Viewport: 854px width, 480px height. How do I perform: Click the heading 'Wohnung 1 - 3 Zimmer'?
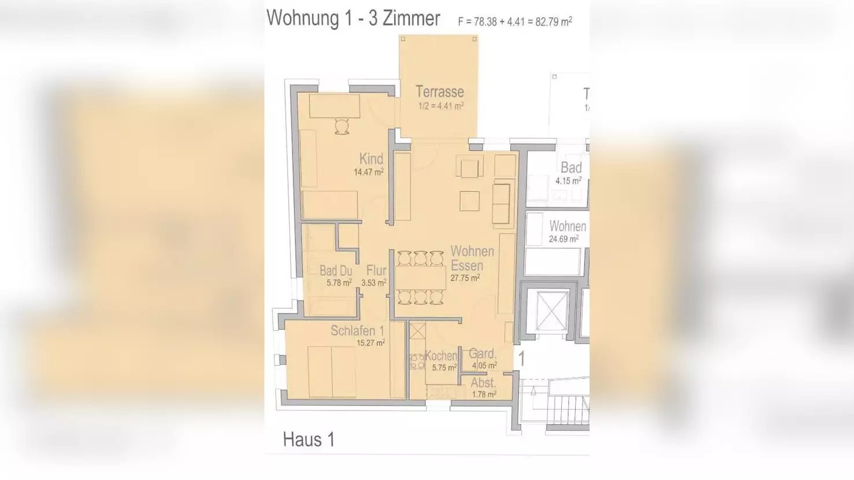353,19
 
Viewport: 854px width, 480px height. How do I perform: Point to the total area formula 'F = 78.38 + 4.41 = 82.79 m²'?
514,22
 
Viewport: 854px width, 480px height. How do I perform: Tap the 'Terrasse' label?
440,92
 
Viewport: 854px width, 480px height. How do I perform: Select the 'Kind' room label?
371,158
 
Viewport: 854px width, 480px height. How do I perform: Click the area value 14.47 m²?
369,172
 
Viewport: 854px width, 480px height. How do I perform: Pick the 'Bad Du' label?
336,271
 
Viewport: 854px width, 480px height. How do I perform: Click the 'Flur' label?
376,270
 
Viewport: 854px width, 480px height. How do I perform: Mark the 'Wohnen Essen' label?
472,259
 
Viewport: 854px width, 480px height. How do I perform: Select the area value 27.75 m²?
465,278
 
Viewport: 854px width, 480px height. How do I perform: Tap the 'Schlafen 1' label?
357,331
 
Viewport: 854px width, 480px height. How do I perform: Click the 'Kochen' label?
441,356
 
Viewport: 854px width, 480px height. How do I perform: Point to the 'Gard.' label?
483,354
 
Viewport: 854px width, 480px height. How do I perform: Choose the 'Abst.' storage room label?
483,383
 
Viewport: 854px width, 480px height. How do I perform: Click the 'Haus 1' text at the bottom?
308,440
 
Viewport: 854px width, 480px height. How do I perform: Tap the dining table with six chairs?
421,278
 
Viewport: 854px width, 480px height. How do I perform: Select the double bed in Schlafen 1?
332,372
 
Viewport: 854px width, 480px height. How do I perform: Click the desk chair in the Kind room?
342,127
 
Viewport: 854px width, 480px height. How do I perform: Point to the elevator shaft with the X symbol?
552,311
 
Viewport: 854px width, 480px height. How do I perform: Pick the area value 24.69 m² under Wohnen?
564,239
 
